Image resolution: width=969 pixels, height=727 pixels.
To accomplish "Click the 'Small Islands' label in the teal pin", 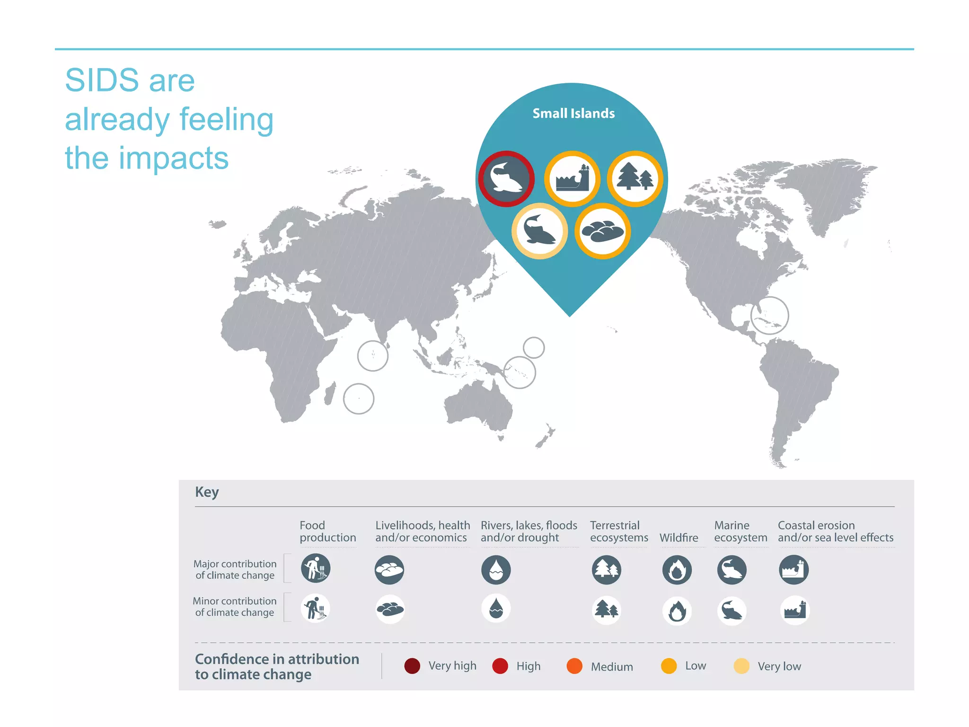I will pyautogui.click(x=573, y=114).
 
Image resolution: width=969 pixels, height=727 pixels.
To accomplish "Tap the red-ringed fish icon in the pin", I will pyautogui.click(x=506, y=179).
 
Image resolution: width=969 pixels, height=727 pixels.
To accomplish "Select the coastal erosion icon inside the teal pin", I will pyautogui.click(x=572, y=179).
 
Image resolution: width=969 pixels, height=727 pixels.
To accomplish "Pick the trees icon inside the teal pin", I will pyautogui.click(x=635, y=179).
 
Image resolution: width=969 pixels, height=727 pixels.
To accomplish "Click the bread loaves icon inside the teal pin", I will pyautogui.click(x=603, y=231).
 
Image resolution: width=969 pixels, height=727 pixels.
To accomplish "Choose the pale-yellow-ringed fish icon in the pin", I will pyautogui.click(x=539, y=231).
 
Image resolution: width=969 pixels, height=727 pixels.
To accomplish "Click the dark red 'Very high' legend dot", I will pyautogui.click(x=412, y=666).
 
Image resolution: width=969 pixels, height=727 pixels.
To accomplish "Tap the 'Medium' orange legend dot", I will pyautogui.click(x=574, y=666).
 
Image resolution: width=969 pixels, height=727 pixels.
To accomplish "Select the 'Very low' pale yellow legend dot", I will pyautogui.click(x=741, y=666).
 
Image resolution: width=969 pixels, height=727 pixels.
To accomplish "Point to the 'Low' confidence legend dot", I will pyautogui.click(x=669, y=666).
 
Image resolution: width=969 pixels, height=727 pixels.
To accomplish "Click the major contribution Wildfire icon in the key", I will pyautogui.click(x=677, y=570).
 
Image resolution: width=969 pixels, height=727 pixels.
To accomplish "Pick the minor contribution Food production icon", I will pyautogui.click(x=315, y=608).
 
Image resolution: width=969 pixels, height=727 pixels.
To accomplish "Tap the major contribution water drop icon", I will pyautogui.click(x=496, y=569).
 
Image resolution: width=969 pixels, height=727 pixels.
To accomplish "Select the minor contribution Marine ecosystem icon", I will pyautogui.click(x=732, y=611).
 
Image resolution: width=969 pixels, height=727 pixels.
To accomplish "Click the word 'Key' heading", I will pyautogui.click(x=207, y=492).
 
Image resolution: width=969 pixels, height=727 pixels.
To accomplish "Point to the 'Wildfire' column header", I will pyautogui.click(x=678, y=538).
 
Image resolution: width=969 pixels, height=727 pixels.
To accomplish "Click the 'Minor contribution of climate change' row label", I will pyautogui.click(x=235, y=607).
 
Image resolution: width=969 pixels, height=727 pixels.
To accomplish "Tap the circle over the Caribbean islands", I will pyautogui.click(x=770, y=316).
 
